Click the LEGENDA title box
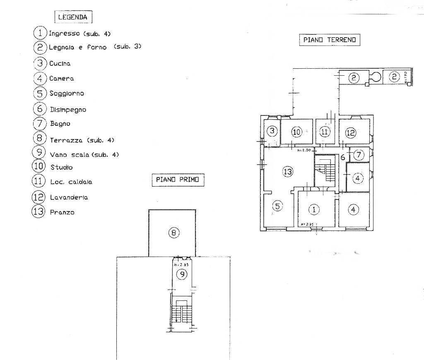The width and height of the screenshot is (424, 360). [x=73, y=17]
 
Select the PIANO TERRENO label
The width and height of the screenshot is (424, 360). [x=329, y=40]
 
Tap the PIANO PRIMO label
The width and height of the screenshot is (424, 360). [x=177, y=180]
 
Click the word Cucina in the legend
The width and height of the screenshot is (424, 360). [x=60, y=63]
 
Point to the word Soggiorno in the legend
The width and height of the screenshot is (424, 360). [x=67, y=94]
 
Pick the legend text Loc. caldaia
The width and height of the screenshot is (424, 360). [x=71, y=182]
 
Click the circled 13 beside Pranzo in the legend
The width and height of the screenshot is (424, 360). [x=38, y=212]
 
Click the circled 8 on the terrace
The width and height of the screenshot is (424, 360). [x=173, y=233]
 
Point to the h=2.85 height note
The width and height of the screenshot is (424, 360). [x=181, y=264]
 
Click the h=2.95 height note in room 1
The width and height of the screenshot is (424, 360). [x=307, y=224]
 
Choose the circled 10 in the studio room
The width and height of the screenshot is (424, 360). [x=296, y=132]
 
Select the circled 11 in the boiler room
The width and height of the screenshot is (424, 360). [x=325, y=132]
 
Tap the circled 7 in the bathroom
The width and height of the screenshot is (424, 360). [x=359, y=155]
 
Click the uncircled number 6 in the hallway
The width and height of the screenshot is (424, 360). [x=342, y=157]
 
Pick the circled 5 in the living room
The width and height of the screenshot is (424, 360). [x=277, y=205]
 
